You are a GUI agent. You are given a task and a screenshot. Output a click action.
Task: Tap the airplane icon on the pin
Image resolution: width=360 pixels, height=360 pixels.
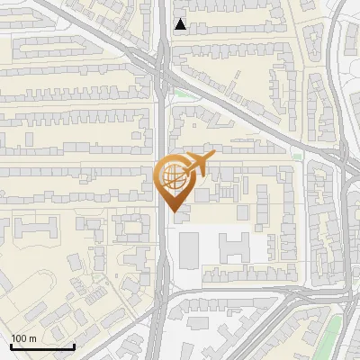[x=197, y=164]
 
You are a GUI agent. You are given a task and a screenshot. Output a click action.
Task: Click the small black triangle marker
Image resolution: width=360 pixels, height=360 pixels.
[x=182, y=24]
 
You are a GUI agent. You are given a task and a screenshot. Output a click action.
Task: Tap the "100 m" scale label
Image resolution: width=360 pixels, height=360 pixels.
[x=24, y=338]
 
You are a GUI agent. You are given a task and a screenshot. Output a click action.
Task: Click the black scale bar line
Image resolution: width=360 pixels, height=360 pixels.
[x=42, y=346]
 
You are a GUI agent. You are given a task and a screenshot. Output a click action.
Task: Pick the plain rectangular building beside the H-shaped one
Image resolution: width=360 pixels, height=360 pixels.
[x=190, y=250]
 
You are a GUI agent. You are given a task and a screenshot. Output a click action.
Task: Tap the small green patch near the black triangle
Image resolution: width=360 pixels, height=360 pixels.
[x=184, y=93]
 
